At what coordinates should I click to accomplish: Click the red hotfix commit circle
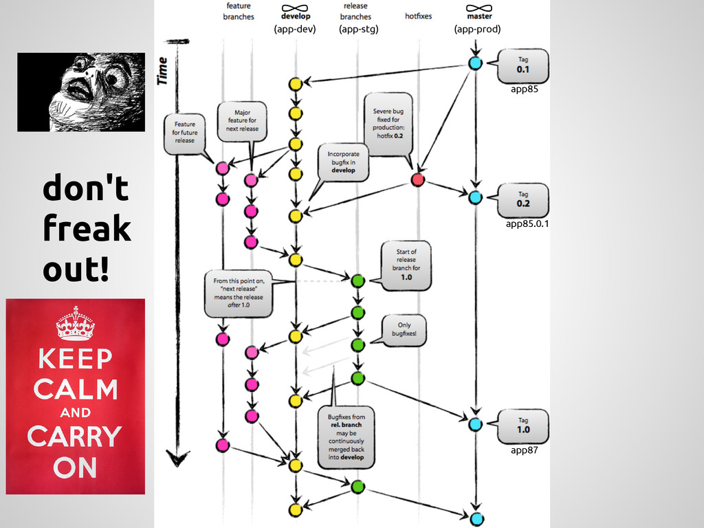[417, 180]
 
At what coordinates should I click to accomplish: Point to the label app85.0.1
[527, 223]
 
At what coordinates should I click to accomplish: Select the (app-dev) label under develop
[294, 29]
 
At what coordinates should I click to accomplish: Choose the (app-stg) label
[358, 29]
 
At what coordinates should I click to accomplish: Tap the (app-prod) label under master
[477, 29]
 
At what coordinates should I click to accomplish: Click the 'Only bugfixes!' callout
[404, 329]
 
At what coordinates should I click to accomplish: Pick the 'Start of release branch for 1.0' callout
[406, 265]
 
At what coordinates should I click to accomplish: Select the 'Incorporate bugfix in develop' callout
[342, 162]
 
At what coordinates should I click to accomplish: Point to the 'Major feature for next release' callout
[242, 121]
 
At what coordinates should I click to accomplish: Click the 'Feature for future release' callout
[184, 132]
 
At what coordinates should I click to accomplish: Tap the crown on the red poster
[75, 324]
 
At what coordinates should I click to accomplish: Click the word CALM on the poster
[75, 389]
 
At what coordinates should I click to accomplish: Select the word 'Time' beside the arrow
[163, 71]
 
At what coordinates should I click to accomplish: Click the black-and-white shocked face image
[81, 91]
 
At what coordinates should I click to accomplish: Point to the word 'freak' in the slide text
[87, 228]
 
